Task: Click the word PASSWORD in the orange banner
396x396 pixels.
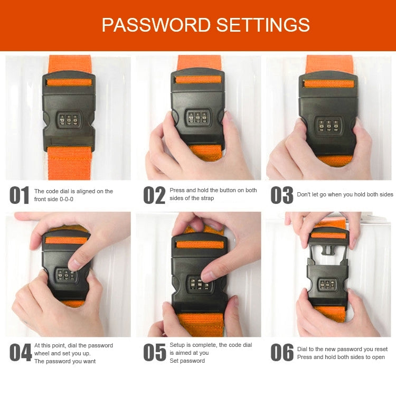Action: tap(156, 25)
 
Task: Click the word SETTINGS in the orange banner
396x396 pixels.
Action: tap(263, 25)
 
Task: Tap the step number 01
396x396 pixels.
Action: tap(19, 195)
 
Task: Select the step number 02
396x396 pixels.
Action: tap(154, 195)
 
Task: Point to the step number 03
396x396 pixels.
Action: tap(282, 195)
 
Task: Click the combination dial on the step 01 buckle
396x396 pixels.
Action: tap(69, 120)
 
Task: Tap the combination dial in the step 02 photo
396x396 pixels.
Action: tap(198, 117)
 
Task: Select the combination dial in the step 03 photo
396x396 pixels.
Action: tap(328, 125)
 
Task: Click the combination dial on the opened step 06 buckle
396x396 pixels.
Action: tap(327, 285)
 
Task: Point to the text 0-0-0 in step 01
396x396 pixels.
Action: tap(67, 199)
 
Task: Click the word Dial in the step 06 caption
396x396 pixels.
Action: tap(303, 349)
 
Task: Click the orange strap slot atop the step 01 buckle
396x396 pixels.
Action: tap(69, 82)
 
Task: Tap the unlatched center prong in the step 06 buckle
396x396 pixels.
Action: tap(327, 250)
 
